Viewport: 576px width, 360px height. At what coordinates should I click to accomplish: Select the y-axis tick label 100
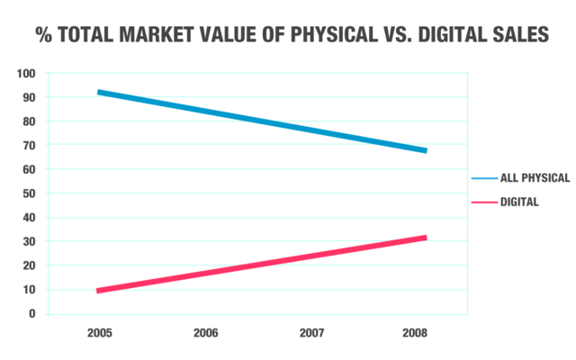tap(26, 73)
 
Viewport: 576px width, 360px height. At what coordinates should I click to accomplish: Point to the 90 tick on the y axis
tap(29, 97)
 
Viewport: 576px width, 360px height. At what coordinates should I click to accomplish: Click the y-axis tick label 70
tap(29, 145)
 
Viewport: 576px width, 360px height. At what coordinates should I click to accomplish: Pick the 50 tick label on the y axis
tap(29, 193)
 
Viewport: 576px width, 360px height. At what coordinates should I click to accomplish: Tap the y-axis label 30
tap(29, 241)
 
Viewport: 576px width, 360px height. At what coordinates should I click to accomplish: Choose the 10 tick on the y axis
tap(29, 290)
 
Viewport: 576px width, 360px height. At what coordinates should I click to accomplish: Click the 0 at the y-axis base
tap(31, 314)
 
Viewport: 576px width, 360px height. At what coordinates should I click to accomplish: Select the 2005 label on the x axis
tap(100, 333)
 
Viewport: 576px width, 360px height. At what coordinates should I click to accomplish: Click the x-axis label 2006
tap(206, 333)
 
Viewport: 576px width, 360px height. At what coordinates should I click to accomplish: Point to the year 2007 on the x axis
tap(311, 333)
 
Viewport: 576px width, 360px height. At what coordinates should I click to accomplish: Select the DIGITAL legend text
tap(519, 202)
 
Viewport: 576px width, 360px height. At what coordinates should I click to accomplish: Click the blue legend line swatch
tap(483, 178)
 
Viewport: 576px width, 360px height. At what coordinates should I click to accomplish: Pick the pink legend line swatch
tap(483, 202)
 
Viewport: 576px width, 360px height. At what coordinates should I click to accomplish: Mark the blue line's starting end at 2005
tap(99, 92)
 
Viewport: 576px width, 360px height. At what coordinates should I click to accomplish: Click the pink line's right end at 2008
tap(425, 238)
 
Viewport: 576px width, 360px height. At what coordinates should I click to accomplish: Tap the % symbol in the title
tap(42, 36)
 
